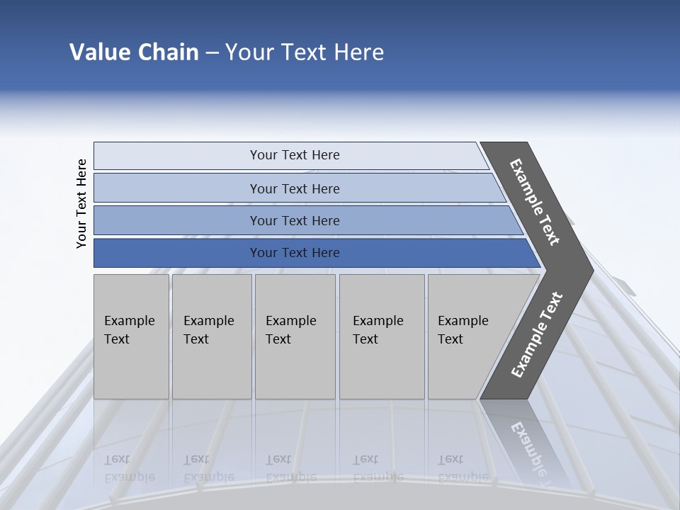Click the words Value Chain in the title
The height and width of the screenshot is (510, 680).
[x=134, y=52]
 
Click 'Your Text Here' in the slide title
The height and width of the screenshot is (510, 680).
[x=305, y=52]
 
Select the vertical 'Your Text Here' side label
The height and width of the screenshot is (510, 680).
[x=81, y=203]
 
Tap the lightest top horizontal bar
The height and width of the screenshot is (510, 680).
[x=294, y=155]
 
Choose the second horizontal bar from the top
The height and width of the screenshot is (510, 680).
[x=294, y=188]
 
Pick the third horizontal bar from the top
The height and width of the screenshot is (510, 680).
[x=294, y=220]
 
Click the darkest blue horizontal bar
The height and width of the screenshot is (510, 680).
[x=294, y=253]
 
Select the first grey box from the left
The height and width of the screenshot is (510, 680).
[x=131, y=336]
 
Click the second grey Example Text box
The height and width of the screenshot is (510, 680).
[x=212, y=336]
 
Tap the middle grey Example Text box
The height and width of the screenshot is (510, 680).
[x=295, y=336]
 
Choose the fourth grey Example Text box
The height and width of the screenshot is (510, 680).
[x=382, y=336]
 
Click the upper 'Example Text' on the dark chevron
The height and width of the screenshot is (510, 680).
[x=535, y=202]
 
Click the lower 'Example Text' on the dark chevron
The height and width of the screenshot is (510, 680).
[x=537, y=334]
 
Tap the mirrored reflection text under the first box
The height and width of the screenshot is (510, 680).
[x=130, y=468]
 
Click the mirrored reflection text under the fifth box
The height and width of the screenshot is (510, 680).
[x=463, y=468]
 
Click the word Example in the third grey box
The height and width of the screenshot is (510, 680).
[x=290, y=321]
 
